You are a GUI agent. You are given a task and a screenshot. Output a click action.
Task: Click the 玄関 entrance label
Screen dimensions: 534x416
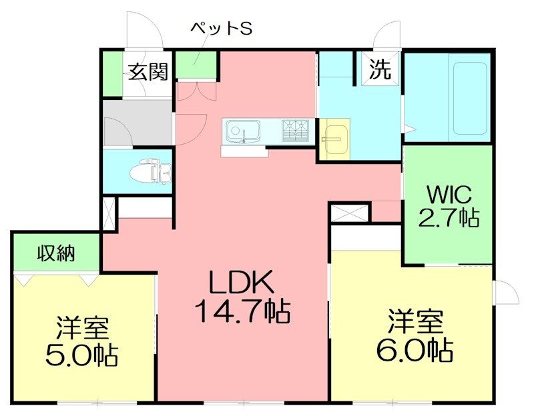(148, 72)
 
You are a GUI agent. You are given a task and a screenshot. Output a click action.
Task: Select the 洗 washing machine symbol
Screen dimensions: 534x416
(380, 69)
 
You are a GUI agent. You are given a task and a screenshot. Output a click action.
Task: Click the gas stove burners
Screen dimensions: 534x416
(295, 130)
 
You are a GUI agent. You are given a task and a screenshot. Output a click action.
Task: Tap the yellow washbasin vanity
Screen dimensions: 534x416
(335, 139)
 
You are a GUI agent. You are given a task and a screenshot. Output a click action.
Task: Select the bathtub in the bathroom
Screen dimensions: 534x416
(469, 98)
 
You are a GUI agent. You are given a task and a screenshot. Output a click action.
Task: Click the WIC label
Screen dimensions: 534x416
(449, 195)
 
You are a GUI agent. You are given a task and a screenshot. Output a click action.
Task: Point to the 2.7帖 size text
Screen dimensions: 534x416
(449, 217)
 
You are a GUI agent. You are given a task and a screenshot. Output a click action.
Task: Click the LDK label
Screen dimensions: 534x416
(242, 282)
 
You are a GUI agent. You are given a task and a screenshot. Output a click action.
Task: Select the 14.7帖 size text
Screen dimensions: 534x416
(242, 311)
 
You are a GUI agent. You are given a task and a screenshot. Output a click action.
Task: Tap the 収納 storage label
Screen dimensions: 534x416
(56, 253)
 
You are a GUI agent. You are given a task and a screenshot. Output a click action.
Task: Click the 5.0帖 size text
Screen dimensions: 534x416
(81, 355)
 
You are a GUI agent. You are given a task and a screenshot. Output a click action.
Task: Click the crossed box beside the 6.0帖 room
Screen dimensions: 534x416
(350, 213)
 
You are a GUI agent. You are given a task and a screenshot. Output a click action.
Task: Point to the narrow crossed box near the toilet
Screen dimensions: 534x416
(109, 214)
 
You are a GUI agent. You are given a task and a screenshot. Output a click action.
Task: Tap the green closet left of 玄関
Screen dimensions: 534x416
(113, 74)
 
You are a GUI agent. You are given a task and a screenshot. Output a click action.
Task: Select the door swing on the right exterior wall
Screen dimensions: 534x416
(506, 292)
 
